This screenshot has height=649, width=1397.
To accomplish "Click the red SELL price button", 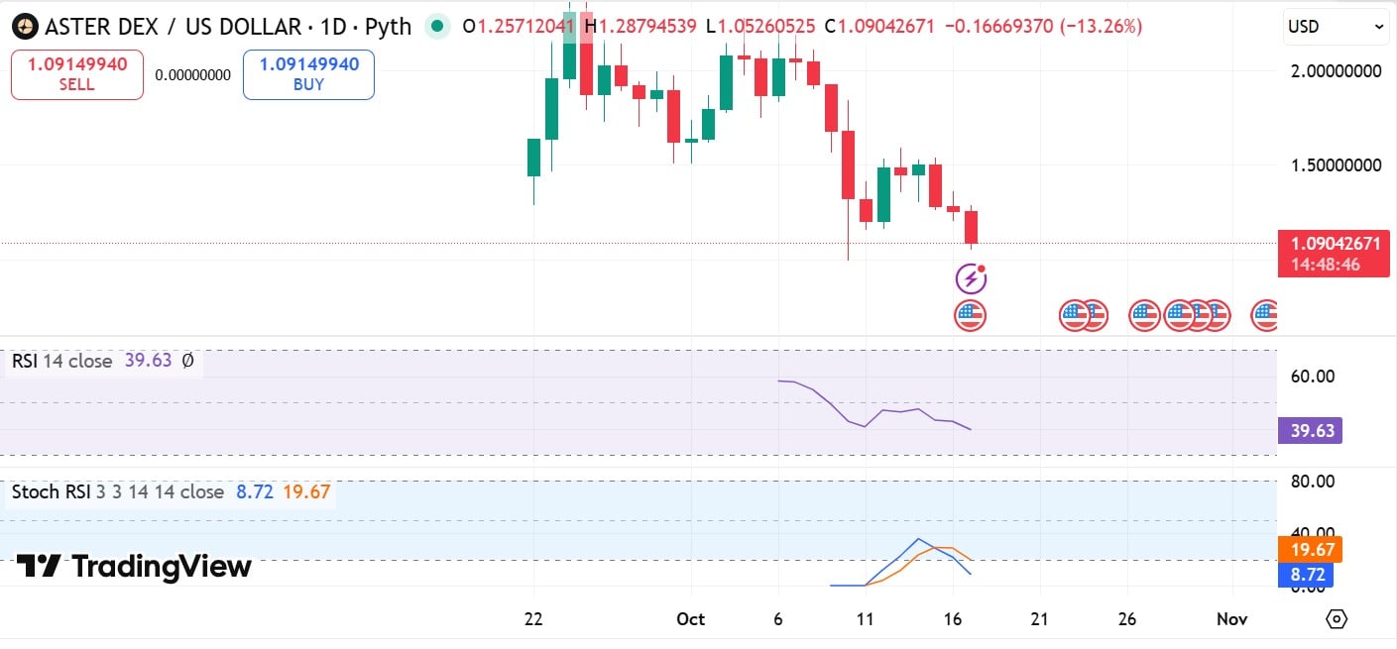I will pyautogui.click(x=77, y=74).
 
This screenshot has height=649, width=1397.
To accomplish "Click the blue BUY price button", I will pyautogui.click(x=308, y=74).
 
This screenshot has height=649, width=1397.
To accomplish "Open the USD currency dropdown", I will pyautogui.click(x=1336, y=27).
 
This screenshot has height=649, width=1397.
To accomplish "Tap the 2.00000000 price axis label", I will pyautogui.click(x=1335, y=71).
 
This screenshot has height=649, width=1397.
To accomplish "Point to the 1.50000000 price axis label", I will pyautogui.click(x=1335, y=165).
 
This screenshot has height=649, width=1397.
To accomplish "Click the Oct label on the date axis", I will pyautogui.click(x=690, y=619).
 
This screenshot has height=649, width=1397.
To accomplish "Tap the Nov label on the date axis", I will pyautogui.click(x=1231, y=619).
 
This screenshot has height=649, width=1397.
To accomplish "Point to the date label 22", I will pyautogui.click(x=533, y=619).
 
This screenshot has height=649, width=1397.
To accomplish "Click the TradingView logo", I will pyautogui.click(x=134, y=567).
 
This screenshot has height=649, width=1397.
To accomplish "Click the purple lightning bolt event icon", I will pyautogui.click(x=971, y=278).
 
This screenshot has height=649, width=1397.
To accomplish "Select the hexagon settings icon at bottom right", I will pyautogui.click(x=1336, y=619).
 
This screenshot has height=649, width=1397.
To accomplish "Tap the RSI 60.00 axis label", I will pyautogui.click(x=1314, y=377).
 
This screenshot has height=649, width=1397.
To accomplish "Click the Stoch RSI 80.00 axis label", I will pyautogui.click(x=1314, y=482).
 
